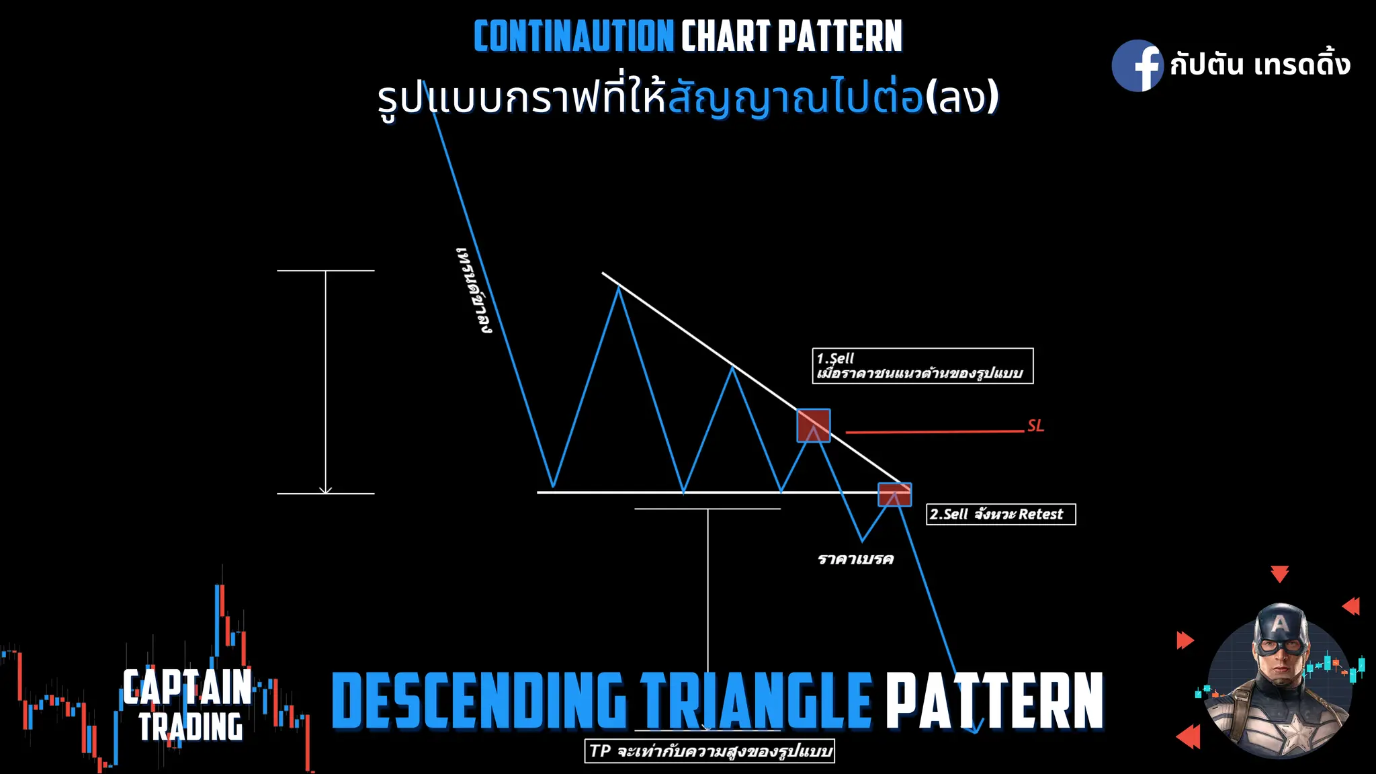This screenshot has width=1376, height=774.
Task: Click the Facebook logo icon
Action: click(x=1137, y=66)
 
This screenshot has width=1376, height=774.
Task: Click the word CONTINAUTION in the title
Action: click(x=573, y=36)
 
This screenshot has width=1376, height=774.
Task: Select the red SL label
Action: click(x=1035, y=426)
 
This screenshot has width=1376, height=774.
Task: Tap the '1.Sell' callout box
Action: click(x=922, y=366)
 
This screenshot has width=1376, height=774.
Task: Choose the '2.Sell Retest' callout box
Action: click(x=1000, y=515)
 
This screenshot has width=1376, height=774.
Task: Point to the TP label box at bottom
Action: click(x=709, y=751)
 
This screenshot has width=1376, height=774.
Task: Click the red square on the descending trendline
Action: click(x=813, y=425)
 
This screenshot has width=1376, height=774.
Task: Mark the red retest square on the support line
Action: click(x=895, y=494)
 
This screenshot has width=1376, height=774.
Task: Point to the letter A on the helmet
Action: click(x=1280, y=624)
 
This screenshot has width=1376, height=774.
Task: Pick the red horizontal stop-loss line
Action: click(x=934, y=431)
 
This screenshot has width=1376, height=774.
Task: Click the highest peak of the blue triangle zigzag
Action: click(x=619, y=288)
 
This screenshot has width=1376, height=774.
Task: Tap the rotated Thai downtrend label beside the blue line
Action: click(x=474, y=290)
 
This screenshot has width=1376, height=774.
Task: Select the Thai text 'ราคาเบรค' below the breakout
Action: click(x=855, y=560)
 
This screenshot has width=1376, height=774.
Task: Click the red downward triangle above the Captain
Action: click(x=1279, y=574)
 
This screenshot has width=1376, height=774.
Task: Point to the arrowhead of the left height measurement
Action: click(x=326, y=490)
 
